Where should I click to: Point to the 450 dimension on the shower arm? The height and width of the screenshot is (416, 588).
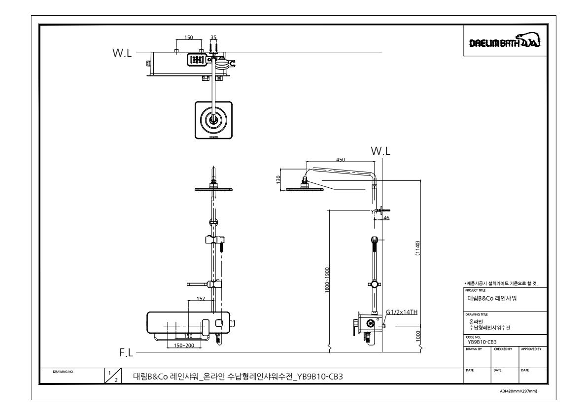(x=340, y=159)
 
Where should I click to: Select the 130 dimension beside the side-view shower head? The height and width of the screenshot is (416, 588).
(x=279, y=179)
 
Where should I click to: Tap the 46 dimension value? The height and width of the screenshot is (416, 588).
(x=386, y=217)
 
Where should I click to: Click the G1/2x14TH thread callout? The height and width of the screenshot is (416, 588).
(x=402, y=312)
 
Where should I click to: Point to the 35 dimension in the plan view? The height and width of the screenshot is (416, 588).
(x=213, y=37)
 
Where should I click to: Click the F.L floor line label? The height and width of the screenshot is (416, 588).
(x=127, y=353)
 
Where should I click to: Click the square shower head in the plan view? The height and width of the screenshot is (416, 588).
(x=212, y=120)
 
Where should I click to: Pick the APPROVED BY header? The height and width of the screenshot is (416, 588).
(x=530, y=348)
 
